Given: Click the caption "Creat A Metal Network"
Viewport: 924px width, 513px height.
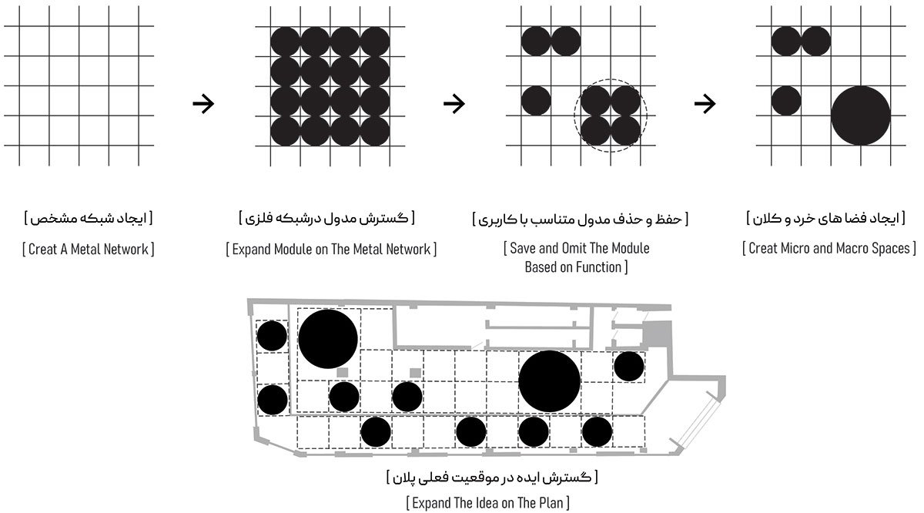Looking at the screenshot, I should (87, 250).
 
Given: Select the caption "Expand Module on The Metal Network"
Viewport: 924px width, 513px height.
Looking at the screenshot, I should (331, 250).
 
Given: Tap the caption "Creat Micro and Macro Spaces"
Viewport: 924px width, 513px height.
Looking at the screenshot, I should (829, 250).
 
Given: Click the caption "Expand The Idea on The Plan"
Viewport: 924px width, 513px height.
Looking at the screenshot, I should (488, 504).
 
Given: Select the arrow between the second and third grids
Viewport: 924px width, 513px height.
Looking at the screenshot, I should (455, 104).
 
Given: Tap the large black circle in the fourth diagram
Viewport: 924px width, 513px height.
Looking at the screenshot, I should (861, 116).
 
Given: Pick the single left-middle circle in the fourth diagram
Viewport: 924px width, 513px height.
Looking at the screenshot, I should (786, 101).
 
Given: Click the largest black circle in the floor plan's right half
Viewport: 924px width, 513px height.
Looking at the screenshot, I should (549, 381).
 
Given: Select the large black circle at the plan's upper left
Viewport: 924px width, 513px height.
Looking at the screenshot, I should (328, 339).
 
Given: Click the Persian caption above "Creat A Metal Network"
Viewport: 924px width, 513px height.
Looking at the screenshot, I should (87, 220).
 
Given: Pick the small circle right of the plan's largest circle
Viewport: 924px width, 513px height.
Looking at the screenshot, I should (628, 367).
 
